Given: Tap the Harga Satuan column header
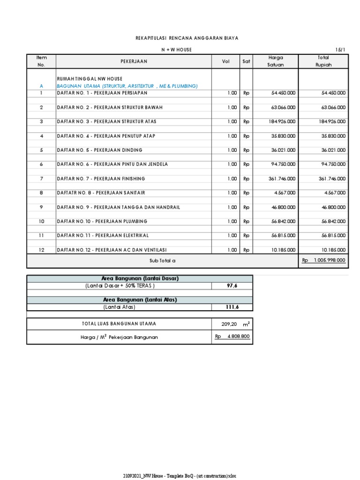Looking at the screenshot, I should (x=275, y=61).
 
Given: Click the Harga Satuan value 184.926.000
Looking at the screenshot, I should (x=283, y=122).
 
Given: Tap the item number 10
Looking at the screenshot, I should (x=41, y=221).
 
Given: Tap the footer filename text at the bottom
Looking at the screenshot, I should (x=180, y=475).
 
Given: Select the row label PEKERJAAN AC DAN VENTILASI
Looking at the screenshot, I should (x=112, y=250).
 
